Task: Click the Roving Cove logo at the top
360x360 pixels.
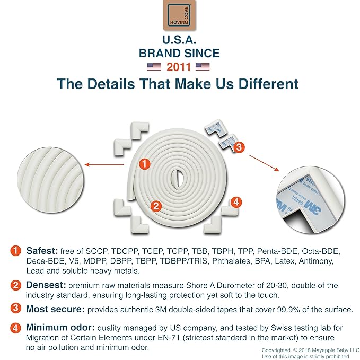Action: [179, 15]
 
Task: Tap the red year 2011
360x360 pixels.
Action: [179, 67]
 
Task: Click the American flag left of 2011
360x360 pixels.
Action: [154, 67]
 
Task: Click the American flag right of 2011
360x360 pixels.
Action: [203, 67]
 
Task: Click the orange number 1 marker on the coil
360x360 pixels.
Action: [144, 164]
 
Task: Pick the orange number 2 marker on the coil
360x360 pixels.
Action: [156, 206]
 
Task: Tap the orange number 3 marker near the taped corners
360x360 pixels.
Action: [239, 147]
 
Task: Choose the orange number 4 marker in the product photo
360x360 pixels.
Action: [236, 203]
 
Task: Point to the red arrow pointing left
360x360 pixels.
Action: [104, 164]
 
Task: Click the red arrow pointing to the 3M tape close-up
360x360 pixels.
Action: [264, 163]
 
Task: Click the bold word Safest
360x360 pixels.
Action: [42, 251]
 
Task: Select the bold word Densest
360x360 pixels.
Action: [46, 285]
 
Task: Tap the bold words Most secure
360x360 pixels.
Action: [55, 309]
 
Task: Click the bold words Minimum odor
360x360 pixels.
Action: [60, 328]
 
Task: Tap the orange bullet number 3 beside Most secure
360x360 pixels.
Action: [15, 308]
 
